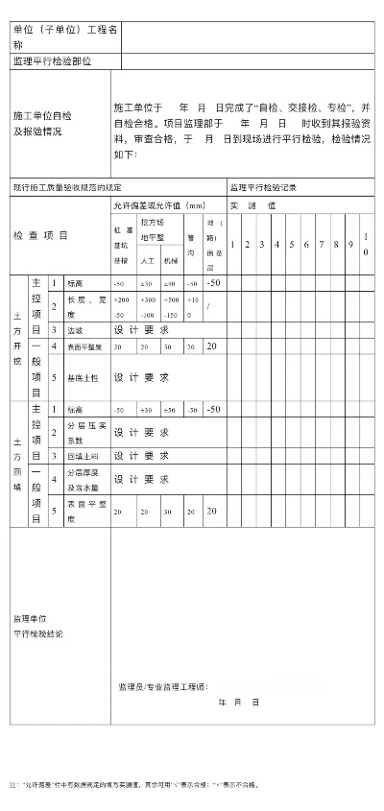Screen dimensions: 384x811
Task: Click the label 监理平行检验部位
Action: [53, 61]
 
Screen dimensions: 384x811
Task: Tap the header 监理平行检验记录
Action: [263, 187]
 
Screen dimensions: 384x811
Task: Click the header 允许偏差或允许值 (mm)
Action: [159, 205]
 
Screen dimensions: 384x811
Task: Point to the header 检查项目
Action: [40, 235]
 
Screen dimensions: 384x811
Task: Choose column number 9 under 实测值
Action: [350, 245]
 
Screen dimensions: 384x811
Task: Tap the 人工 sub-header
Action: [148, 260]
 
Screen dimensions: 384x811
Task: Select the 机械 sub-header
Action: [171, 260]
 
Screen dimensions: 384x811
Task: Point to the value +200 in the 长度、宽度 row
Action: [121, 300]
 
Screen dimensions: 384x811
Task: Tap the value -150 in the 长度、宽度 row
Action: [171, 315]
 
